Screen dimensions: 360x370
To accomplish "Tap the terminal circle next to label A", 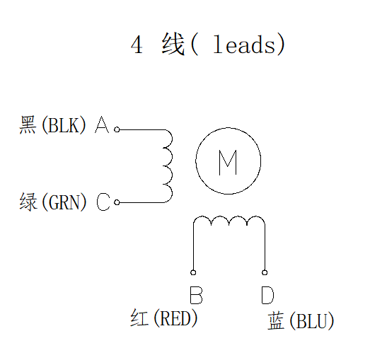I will coord(117,129).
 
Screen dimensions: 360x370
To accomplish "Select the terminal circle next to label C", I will coord(117,202).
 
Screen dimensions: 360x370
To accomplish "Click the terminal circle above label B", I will coord(193,272).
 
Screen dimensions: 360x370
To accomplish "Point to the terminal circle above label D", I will coord(265,272).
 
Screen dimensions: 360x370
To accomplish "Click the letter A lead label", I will coord(102,126).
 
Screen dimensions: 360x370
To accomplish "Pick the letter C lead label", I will coord(103,203).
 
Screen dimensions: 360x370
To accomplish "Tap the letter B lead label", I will coord(196,294).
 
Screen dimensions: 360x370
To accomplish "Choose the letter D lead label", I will coord(267,294).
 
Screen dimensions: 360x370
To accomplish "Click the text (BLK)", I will coord(64,126).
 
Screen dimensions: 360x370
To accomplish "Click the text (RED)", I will coord(175,318).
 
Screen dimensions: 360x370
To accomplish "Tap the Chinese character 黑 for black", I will coord(28,126).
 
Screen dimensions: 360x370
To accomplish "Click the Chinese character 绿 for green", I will coord(28,203).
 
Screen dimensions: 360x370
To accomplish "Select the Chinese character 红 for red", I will coord(139,318).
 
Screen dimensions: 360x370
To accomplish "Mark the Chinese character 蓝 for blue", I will coord(276,322).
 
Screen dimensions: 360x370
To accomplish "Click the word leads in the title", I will coord(243,45).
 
